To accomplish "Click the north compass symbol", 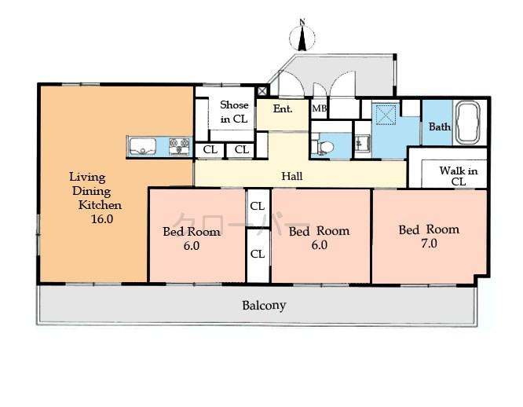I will coord(302,36).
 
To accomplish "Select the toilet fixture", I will coord(323,146).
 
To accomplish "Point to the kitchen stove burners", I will coord(179,146).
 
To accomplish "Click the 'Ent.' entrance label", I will coord(283,108).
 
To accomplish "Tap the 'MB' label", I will coord(320,108).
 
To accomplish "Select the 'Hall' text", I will coord(292,176).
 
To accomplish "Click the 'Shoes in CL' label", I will coord(233,112).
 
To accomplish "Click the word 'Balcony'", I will coord(264,305).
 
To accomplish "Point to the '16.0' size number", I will coord(102,219).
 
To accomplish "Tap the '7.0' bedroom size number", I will coord(429,244).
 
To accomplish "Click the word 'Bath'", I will coord(438,126).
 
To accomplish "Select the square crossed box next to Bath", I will coord(385,116).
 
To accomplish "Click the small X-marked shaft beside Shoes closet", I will coord(262,91).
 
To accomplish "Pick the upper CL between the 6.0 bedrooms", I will coord(257,207).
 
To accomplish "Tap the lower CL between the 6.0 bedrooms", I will coord(257,254).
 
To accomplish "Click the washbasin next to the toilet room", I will coord(362,143).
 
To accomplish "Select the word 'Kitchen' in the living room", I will coord(99,205).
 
